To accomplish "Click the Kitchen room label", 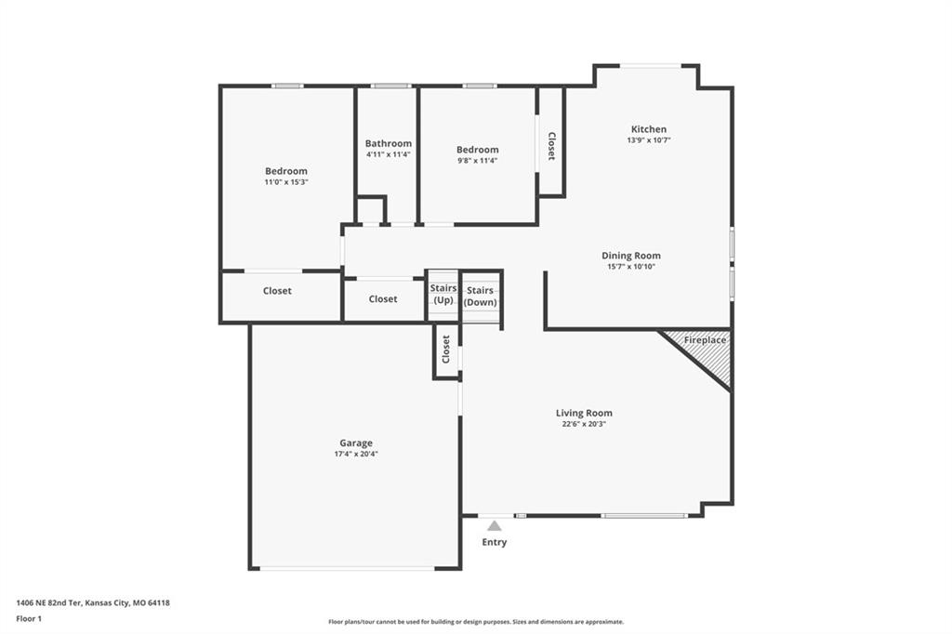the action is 648,128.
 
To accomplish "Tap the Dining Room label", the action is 631,256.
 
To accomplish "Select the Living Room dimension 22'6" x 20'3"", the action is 584,424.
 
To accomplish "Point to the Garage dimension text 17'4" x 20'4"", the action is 356,454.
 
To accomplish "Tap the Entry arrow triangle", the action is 495,526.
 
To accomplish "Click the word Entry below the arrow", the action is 495,542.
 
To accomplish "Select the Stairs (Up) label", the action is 443,294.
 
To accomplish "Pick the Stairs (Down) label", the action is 481,297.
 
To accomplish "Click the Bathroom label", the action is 389,143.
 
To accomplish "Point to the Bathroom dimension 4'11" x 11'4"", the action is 389,154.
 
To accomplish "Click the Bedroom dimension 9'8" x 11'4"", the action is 477,160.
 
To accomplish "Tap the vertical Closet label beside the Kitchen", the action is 551,146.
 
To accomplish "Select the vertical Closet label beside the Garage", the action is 446,350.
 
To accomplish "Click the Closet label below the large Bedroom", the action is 277,291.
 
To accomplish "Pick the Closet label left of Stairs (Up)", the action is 383,298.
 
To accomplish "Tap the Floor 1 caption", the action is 29,619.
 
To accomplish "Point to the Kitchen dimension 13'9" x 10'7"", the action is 648,139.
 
